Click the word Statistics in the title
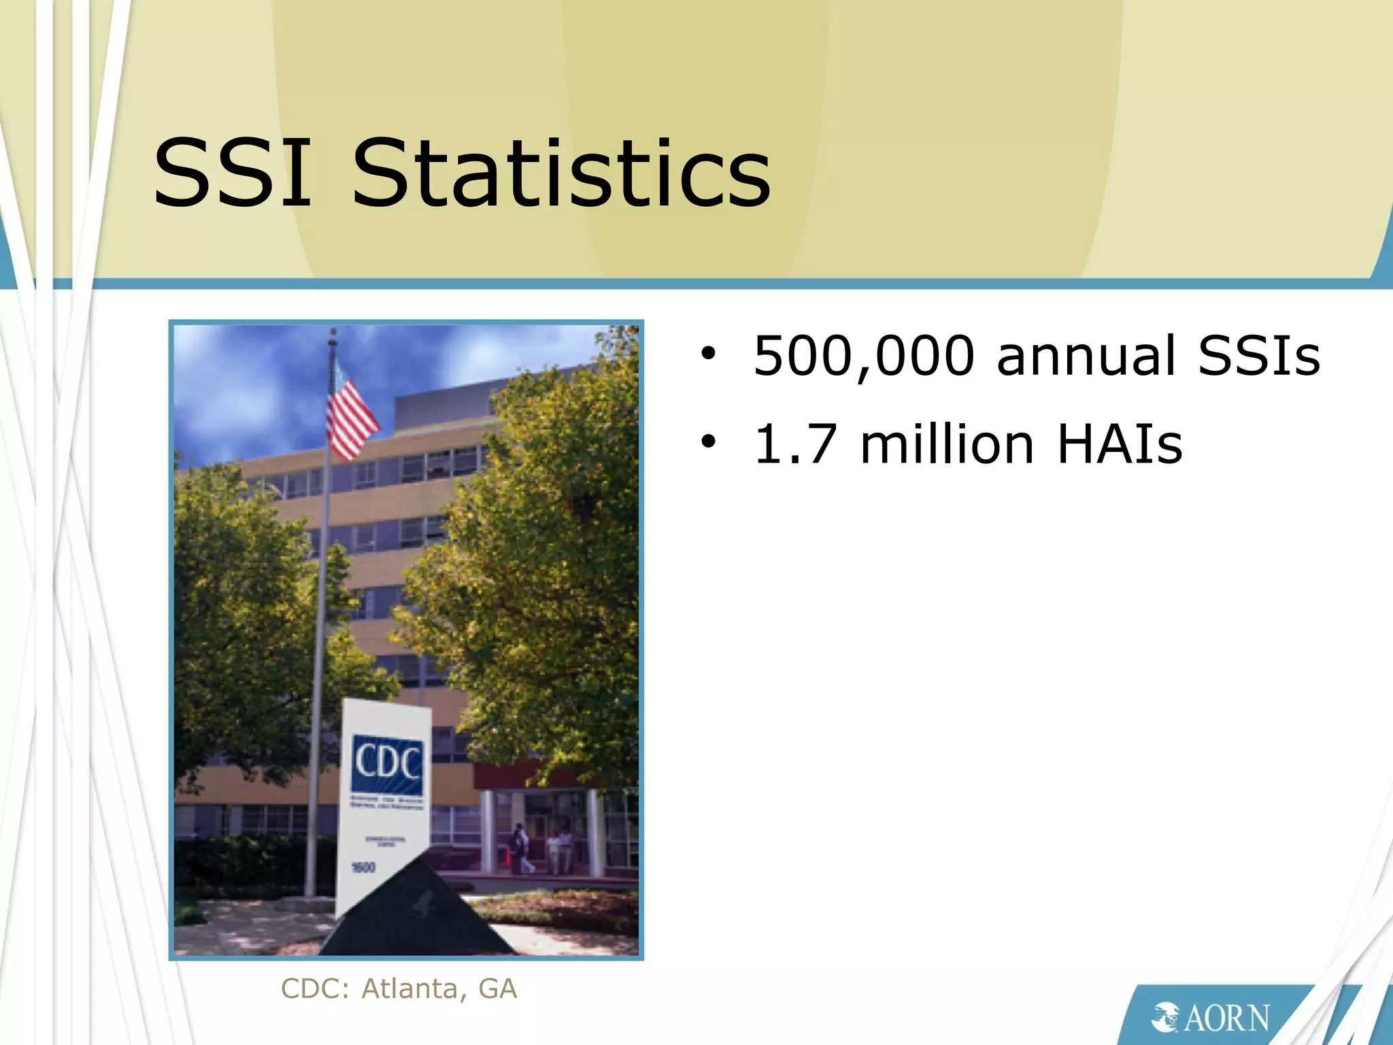point(561,173)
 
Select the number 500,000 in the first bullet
point(864,356)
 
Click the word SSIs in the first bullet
point(1259,356)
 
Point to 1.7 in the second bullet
point(795,445)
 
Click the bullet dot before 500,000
point(709,354)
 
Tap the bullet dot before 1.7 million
point(709,443)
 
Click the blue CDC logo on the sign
point(386,763)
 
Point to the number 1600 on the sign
point(363,867)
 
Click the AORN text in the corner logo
point(1227,1018)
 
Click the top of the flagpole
point(333,333)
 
